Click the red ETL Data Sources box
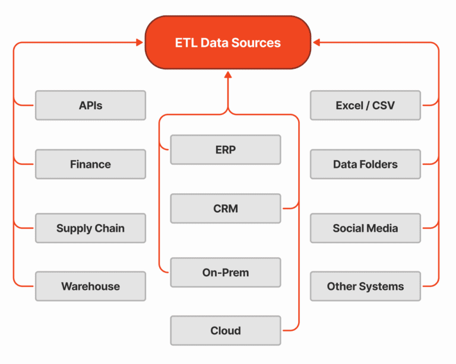tap(228, 42)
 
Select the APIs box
tap(90, 106)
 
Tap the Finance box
tap(90, 164)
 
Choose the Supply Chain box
tap(90, 228)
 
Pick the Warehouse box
tap(90, 286)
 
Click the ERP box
tap(226, 150)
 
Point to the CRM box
tap(226, 209)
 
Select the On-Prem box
tap(226, 273)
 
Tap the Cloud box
tap(226, 331)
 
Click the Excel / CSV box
tap(365, 106)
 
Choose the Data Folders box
tap(365, 164)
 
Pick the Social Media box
tap(365, 228)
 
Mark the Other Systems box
tap(365, 286)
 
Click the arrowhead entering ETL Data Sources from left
tap(140, 43)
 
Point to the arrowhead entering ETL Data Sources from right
tap(316, 43)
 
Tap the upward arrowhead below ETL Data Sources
tap(228, 75)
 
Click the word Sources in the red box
tap(256, 43)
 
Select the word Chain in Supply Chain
tap(110, 228)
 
